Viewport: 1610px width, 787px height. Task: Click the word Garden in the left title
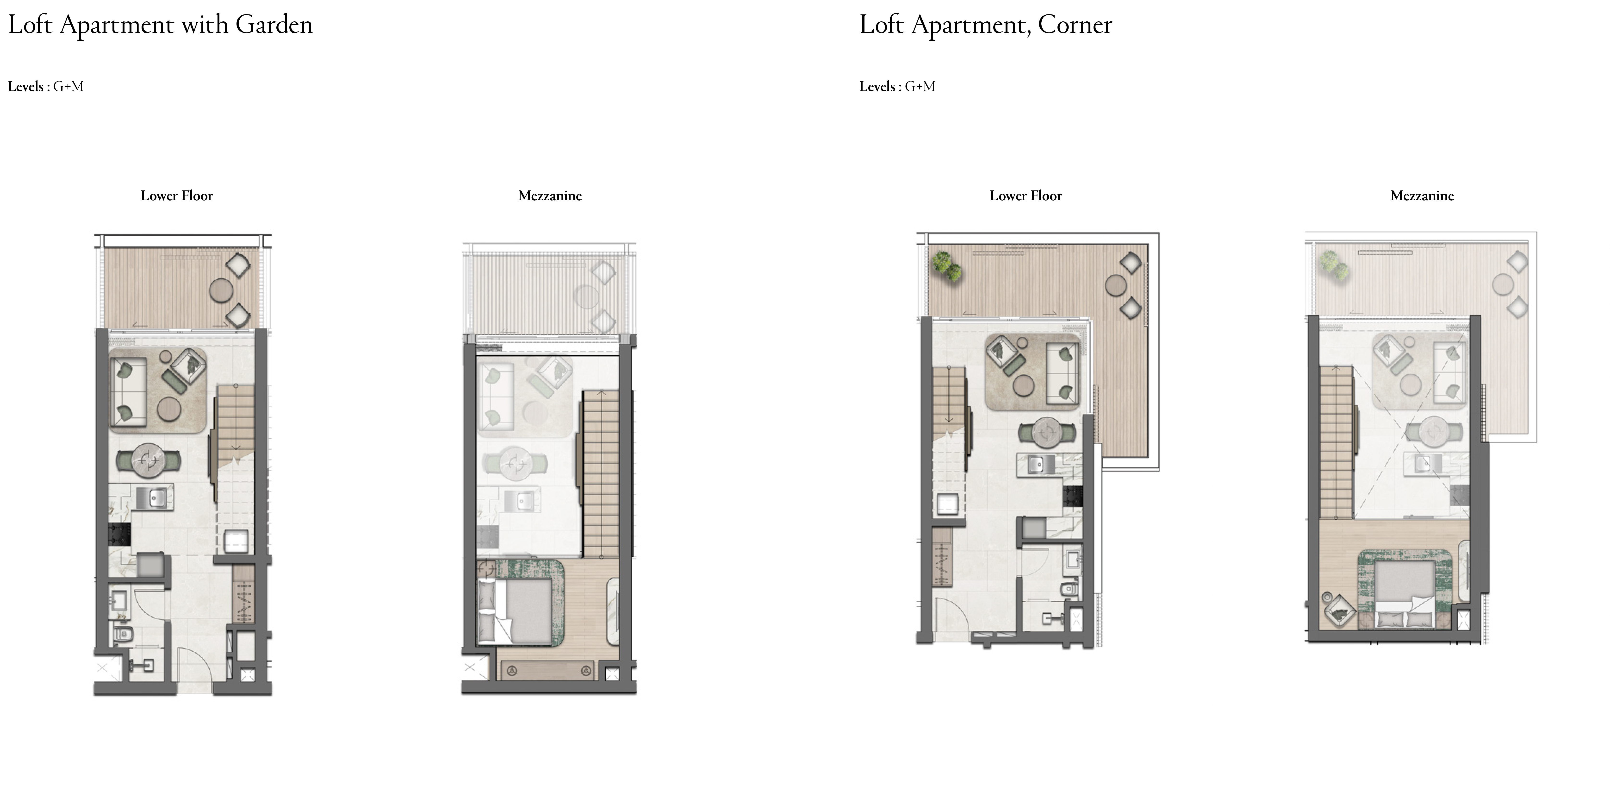[274, 25]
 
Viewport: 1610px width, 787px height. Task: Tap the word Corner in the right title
[1075, 25]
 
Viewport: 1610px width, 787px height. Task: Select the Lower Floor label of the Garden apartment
[177, 196]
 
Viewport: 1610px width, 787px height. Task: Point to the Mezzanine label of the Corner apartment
[1422, 196]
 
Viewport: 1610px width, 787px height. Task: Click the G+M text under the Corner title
[920, 87]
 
